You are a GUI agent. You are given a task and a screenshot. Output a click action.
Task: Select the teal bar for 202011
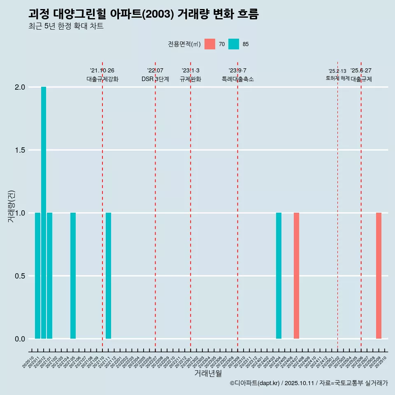[37, 276]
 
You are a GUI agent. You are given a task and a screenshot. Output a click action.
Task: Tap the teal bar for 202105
[73, 276]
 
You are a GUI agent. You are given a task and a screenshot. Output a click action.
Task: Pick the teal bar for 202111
[108, 276]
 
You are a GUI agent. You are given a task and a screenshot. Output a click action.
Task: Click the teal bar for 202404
[279, 276]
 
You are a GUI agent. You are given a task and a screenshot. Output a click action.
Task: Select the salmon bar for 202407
[296, 276]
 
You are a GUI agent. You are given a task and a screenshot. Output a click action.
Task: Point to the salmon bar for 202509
[379, 276]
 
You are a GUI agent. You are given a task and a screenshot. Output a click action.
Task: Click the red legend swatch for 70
[210, 44]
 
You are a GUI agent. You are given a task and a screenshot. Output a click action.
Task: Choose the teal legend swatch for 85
[234, 44]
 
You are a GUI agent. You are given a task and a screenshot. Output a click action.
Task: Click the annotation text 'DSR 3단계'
[155, 79]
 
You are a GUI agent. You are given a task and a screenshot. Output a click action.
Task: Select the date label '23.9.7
[237, 70]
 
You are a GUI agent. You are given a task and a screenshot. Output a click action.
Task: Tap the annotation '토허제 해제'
[337, 78]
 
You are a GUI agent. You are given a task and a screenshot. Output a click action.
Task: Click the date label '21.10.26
[102, 70]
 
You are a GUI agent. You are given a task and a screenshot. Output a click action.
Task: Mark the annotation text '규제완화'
[191, 79]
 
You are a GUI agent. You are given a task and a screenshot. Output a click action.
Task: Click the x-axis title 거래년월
[208, 373]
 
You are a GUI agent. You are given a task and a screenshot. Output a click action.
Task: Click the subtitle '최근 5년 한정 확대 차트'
[66, 26]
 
